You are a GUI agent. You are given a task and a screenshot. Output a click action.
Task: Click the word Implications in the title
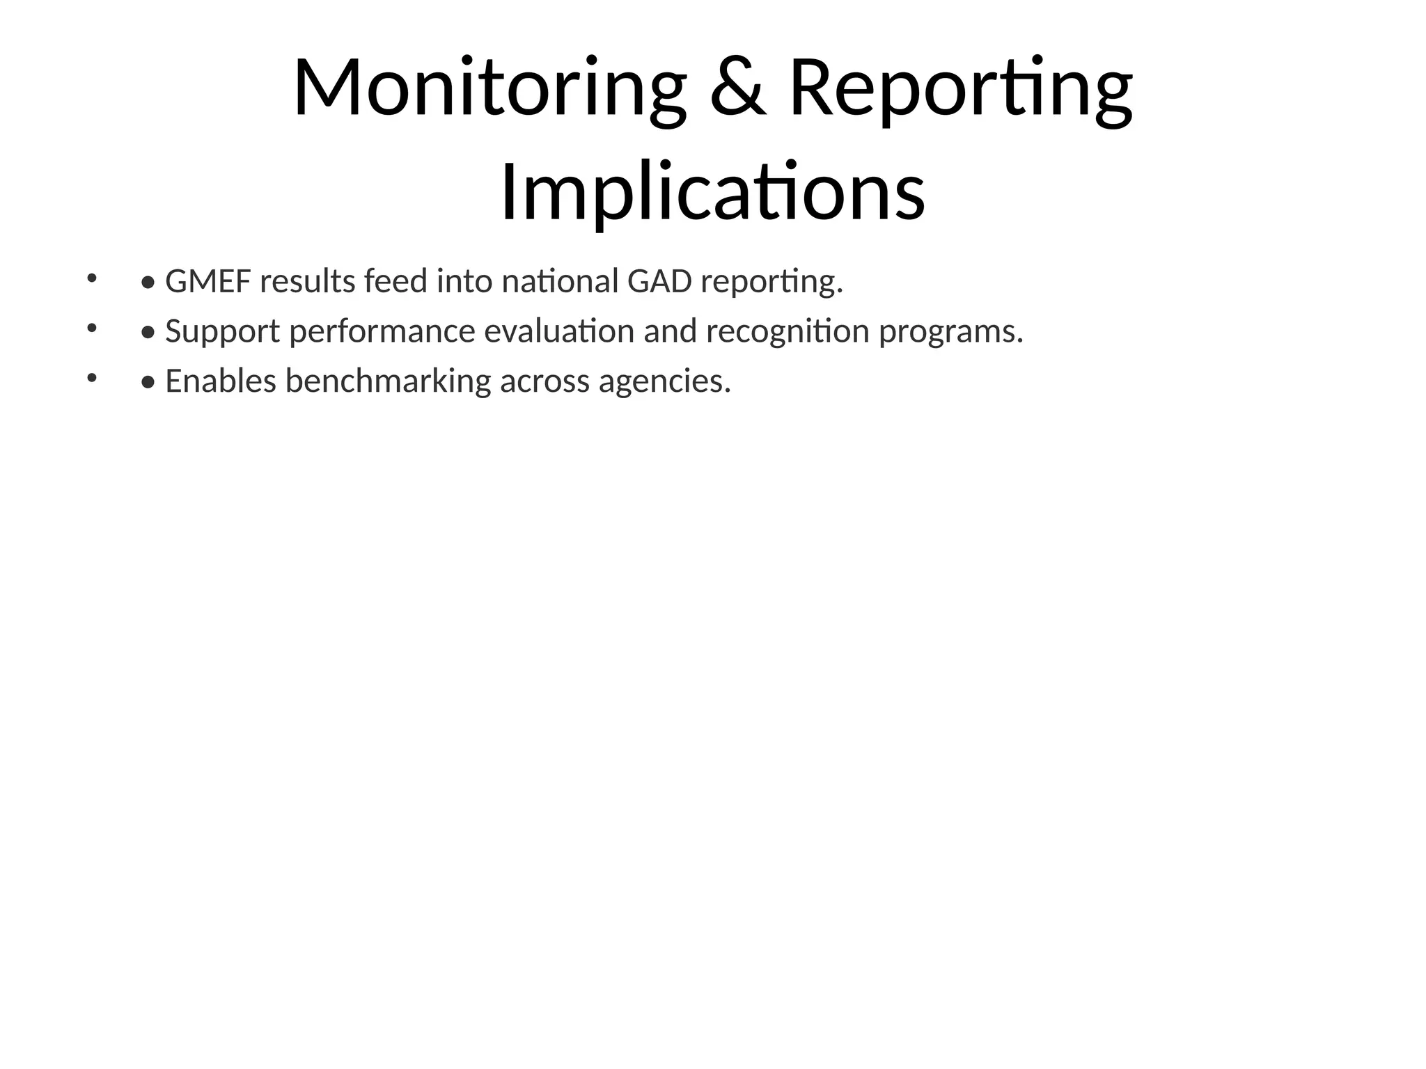click(x=712, y=192)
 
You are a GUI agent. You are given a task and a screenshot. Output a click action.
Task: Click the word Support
click(x=222, y=332)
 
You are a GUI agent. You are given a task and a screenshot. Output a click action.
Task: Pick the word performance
click(x=382, y=332)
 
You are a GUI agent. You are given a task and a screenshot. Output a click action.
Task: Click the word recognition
click(x=788, y=332)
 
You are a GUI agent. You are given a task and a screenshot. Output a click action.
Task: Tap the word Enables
click(x=221, y=381)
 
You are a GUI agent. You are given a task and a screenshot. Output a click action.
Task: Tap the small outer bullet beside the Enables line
click(x=91, y=379)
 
